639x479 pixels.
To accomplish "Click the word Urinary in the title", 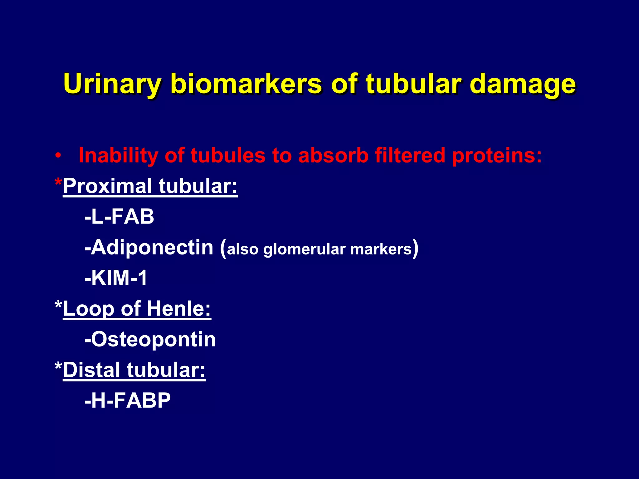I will click(112, 84).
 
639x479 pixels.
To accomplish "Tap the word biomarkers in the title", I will click(246, 84).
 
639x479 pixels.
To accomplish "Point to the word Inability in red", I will click(118, 155).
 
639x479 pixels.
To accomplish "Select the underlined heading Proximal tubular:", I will click(150, 186).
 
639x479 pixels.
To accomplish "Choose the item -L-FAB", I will click(119, 216).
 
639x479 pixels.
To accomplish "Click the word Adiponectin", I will click(152, 247).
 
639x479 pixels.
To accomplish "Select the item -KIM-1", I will click(116, 278).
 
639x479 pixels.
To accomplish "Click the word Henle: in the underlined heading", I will click(179, 309).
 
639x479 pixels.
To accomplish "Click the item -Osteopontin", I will click(150, 339).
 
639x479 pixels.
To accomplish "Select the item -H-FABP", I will click(127, 400).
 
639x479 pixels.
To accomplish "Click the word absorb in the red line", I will click(333, 155).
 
